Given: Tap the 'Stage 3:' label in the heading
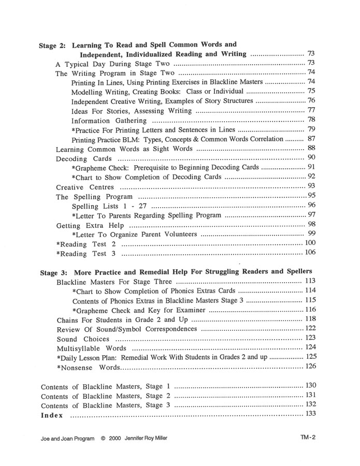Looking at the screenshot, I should (x=54, y=272).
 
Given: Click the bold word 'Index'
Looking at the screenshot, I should (x=52, y=415).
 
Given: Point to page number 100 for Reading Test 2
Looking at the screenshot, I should (x=310, y=243).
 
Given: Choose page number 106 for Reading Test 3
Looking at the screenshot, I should (x=310, y=253).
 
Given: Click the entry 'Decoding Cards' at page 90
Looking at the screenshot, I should (x=83, y=158).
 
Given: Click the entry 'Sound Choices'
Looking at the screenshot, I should (x=83, y=339).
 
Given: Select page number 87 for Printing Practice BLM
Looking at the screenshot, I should (x=311, y=139).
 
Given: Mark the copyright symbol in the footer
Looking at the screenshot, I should (x=104, y=438).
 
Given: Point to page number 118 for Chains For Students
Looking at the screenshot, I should (x=311, y=319).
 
